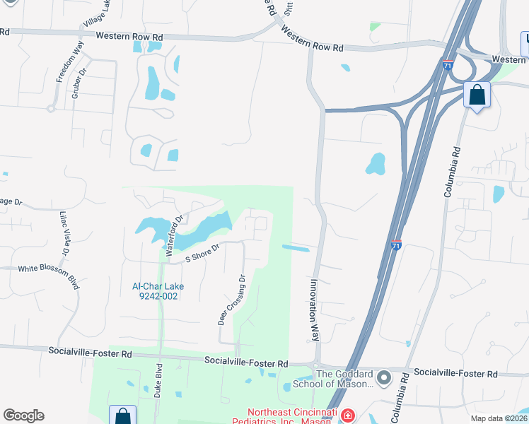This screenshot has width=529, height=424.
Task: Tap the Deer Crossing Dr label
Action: [x=231, y=300]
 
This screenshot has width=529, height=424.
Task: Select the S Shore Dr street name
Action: [x=204, y=253]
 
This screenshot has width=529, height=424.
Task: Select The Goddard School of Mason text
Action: [x=344, y=379]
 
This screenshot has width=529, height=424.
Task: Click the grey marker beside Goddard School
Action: [x=384, y=379]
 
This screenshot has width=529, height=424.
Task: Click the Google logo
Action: [x=23, y=416]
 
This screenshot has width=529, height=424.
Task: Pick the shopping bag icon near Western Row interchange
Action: [x=477, y=95]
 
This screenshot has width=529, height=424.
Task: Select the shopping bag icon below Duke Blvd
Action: [x=122, y=416]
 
